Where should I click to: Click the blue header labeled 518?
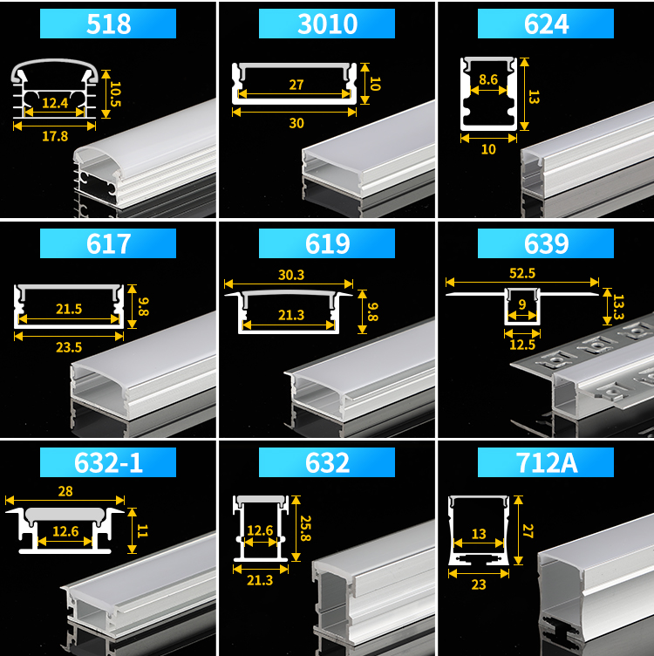coord(108,24)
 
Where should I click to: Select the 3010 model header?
coord(327,24)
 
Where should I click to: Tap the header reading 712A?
coord(546,462)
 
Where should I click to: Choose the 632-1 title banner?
coord(108,462)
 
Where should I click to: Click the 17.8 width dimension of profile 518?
coord(55,136)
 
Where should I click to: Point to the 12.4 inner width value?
coord(55,103)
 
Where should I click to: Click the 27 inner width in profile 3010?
coord(296,85)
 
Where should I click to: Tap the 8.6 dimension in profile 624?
coord(488,79)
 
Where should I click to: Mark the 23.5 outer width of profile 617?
coord(69,347)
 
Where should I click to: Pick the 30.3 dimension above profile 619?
coord(291,275)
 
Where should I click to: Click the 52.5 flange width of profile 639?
coord(522,273)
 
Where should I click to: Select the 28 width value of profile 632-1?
coord(65,491)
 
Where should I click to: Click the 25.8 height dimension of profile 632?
coord(306,528)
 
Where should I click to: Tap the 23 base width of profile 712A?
coord(479,584)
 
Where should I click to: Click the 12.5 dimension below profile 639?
coord(522,345)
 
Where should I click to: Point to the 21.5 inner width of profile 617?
coord(69,309)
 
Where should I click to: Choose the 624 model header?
coord(546,24)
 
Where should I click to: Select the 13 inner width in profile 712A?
coord(479,534)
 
